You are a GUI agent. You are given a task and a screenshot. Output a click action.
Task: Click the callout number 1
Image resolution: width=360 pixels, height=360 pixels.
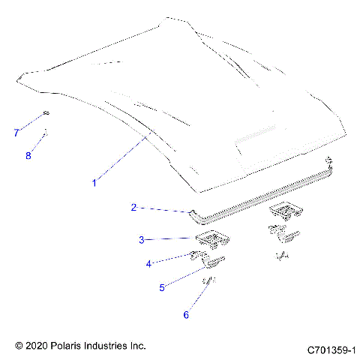94,182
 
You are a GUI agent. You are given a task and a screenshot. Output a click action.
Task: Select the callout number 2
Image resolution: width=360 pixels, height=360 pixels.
133,207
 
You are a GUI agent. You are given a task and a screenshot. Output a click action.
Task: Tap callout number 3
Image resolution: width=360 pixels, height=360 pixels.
141,240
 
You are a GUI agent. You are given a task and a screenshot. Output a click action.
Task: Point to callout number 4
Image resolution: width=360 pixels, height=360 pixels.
148,263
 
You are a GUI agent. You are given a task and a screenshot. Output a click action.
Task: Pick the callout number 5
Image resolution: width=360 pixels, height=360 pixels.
162,287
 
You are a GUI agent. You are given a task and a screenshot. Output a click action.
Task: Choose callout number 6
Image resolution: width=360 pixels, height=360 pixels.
186,315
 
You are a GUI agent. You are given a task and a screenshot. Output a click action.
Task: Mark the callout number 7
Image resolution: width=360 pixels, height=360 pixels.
16,133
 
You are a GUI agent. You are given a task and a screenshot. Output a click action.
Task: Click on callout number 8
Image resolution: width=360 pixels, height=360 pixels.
29,155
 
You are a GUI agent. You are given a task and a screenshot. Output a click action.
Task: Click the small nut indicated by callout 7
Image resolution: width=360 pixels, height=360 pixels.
46,113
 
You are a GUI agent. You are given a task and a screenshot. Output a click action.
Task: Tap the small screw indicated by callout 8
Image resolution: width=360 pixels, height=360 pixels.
45,134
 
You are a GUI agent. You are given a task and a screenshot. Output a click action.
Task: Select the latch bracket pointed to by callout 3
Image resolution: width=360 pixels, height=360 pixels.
212,240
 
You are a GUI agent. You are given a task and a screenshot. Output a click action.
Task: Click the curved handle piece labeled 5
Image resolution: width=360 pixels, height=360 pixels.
215,261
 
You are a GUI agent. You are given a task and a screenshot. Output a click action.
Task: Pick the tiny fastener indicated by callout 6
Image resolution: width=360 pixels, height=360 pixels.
211,282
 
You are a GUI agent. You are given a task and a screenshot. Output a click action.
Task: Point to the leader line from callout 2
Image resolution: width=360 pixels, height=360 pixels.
165,210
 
